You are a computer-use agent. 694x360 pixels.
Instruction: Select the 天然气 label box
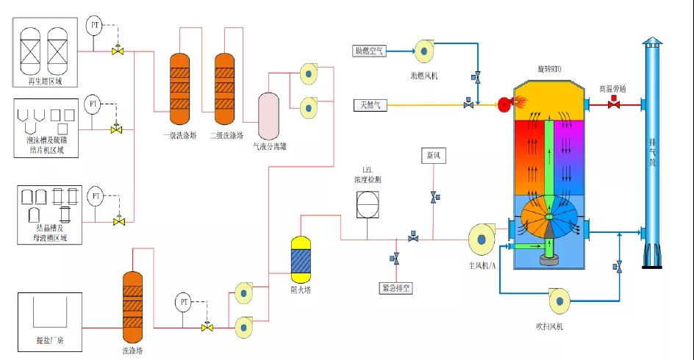pyautogui.click(x=368, y=105)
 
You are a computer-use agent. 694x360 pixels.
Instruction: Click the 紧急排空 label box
pyautogui.click(x=396, y=288)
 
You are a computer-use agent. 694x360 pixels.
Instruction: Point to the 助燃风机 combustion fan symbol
pyautogui.click(x=425, y=50)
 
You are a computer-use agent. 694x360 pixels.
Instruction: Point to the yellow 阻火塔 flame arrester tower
pyautogui.click(x=301, y=259)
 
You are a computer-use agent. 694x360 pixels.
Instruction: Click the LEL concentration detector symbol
pyautogui.click(x=368, y=204)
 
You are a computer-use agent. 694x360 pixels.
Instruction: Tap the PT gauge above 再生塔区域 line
pyautogui.click(x=94, y=26)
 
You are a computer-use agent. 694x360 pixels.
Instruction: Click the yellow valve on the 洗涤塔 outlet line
pyautogui.click(x=207, y=328)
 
